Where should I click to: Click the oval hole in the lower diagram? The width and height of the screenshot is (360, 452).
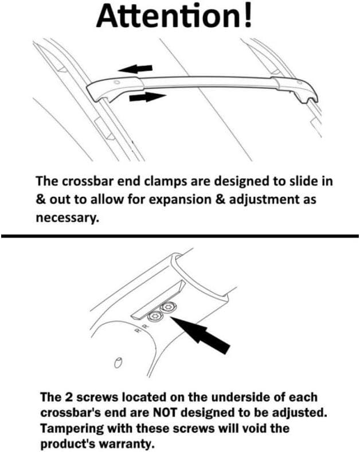[x=118, y=361]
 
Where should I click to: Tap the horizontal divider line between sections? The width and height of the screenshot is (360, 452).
[x=180, y=236]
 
